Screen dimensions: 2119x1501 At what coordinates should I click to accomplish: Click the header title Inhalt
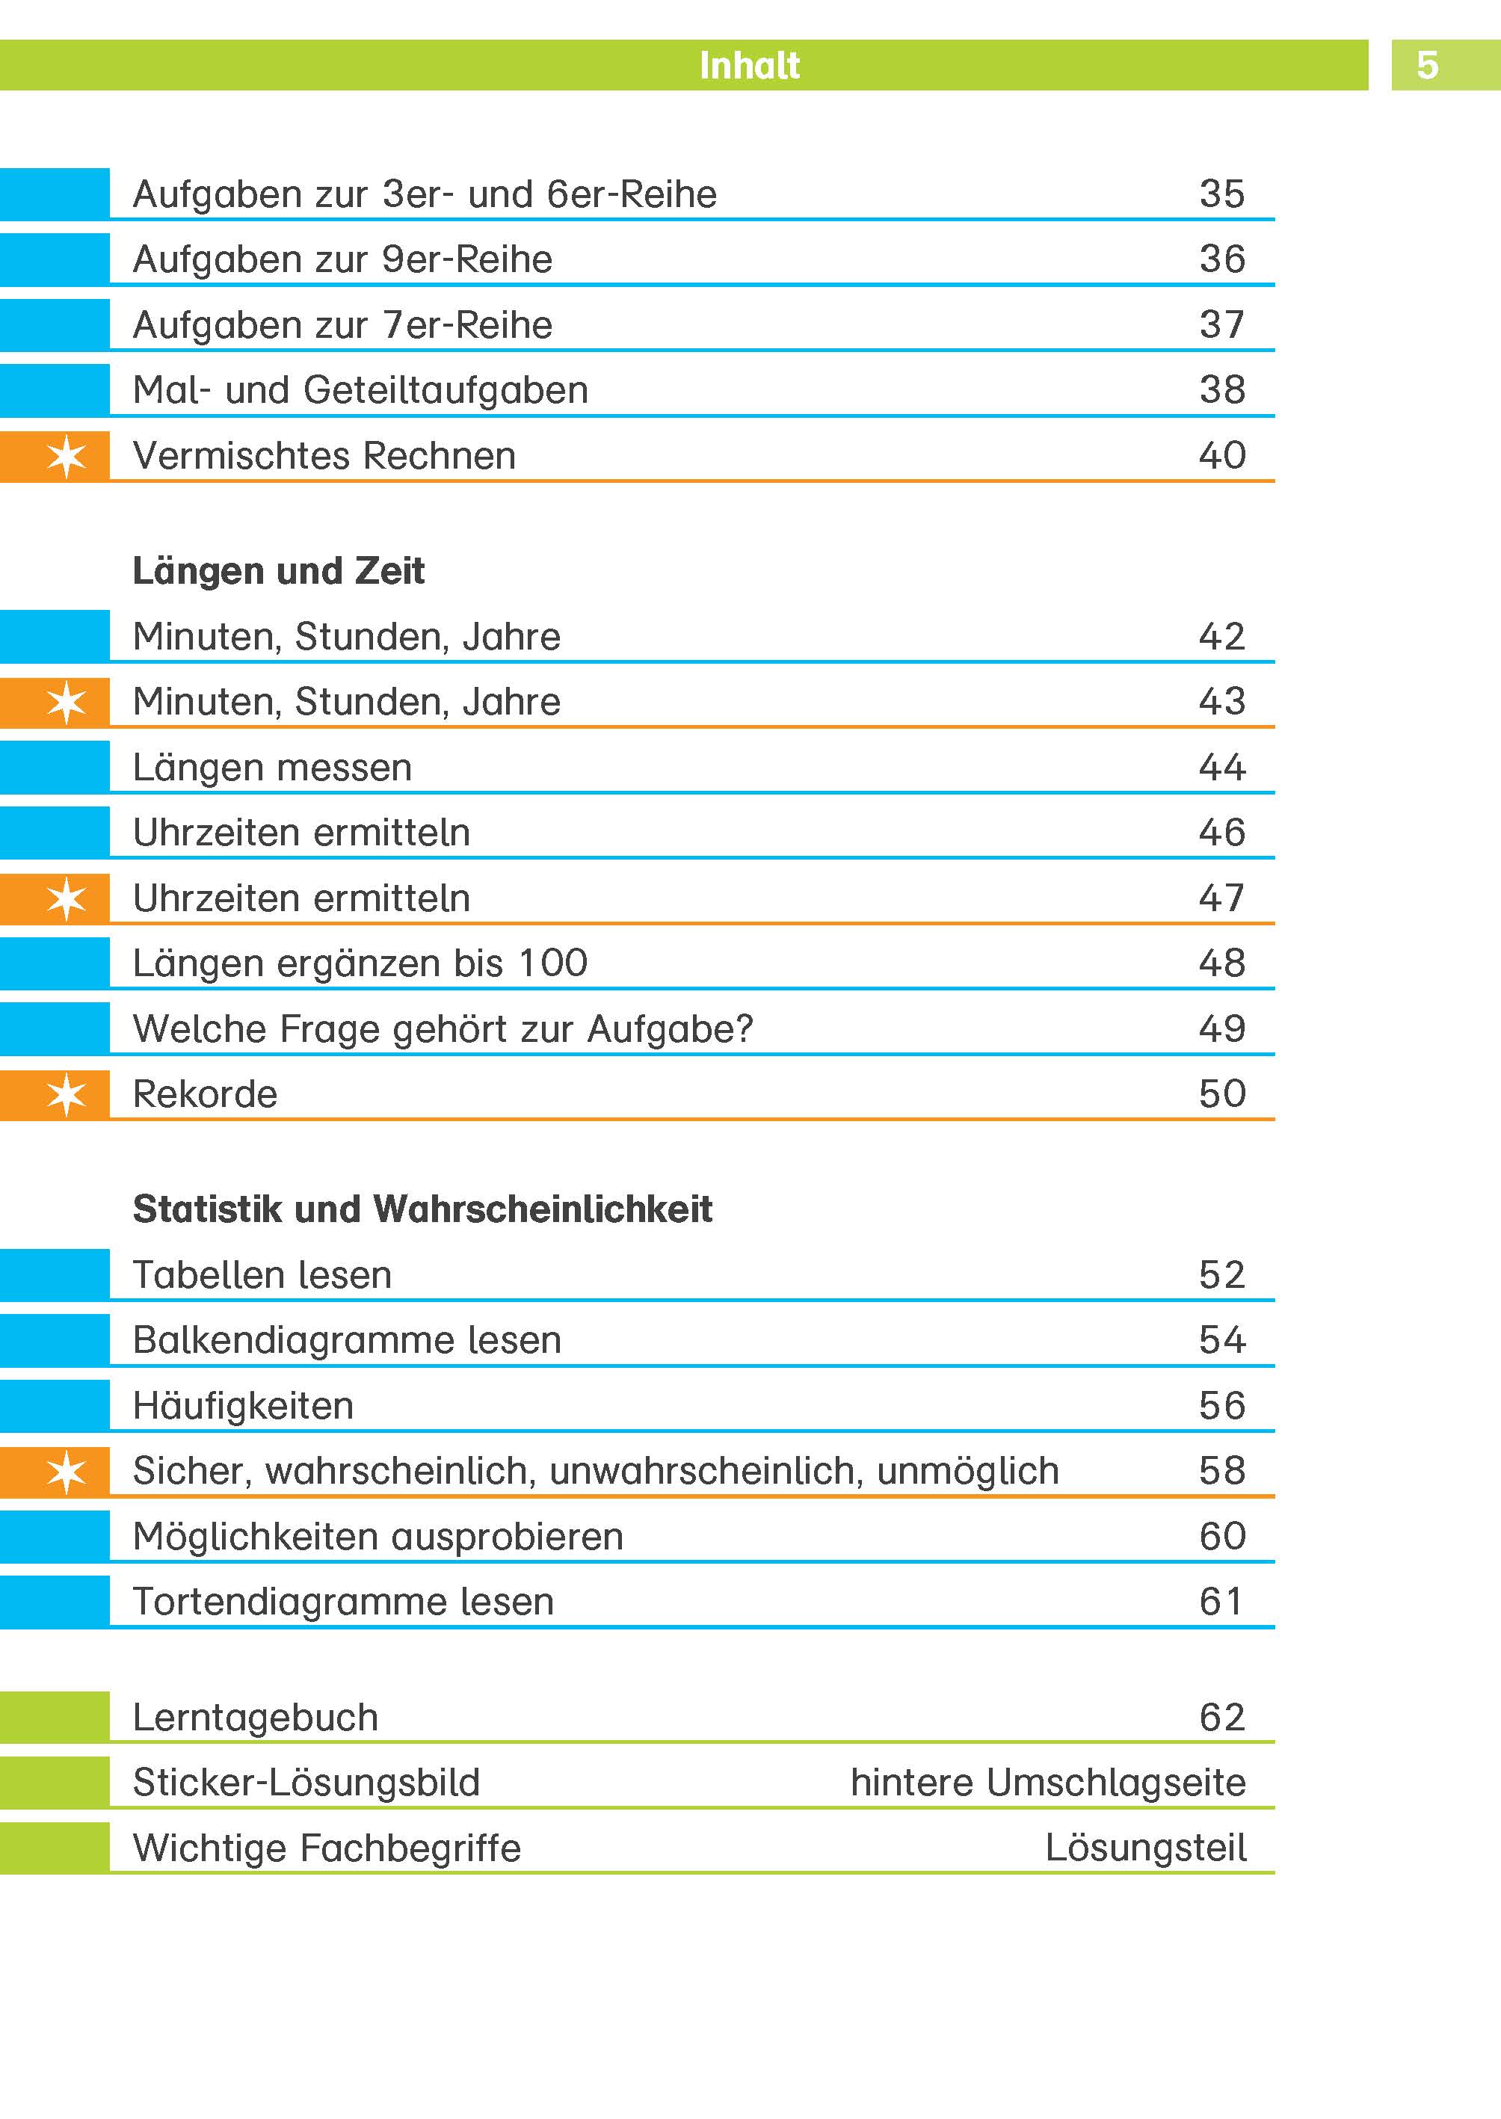(x=749, y=66)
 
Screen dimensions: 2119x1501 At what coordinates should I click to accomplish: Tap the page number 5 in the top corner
(x=1427, y=66)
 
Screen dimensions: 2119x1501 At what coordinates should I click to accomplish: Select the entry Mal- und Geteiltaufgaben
(x=360, y=390)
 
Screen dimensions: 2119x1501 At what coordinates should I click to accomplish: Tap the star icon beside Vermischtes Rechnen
(x=67, y=456)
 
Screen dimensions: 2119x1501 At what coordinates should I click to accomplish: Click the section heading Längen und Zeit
(x=278, y=571)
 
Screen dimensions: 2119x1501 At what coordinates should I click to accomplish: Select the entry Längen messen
(x=272, y=768)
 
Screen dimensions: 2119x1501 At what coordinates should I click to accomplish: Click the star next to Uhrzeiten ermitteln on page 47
(x=67, y=898)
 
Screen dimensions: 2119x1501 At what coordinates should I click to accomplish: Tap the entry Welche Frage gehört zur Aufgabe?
(x=443, y=1029)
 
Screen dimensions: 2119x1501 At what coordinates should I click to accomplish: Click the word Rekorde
(x=205, y=1094)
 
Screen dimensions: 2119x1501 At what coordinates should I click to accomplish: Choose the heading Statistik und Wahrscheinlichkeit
(x=422, y=1209)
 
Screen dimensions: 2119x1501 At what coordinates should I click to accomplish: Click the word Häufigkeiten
(x=243, y=1406)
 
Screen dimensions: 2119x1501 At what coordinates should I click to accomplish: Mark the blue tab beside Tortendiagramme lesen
(x=55, y=1602)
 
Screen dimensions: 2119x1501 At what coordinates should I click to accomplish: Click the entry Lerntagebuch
(x=255, y=1718)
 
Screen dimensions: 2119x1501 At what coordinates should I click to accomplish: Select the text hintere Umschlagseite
(x=1047, y=1783)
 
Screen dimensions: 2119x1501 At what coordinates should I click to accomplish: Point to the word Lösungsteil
(x=1145, y=1848)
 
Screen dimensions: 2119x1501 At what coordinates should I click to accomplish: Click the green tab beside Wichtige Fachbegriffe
(x=55, y=1848)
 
